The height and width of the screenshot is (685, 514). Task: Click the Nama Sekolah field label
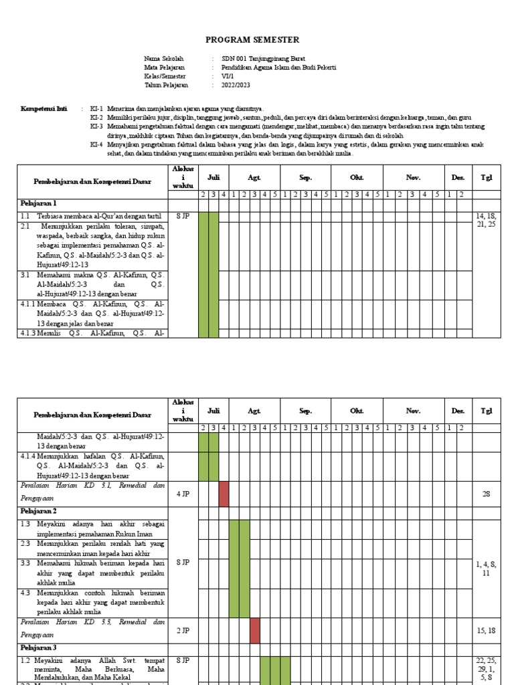tap(163, 59)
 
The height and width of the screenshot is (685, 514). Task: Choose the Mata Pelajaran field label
tap(165, 68)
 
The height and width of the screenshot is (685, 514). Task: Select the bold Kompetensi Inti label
tap(44, 108)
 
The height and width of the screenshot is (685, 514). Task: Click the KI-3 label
tap(97, 126)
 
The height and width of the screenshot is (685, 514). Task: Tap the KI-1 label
tap(97, 108)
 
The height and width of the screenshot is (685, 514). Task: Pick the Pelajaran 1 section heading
tap(37, 203)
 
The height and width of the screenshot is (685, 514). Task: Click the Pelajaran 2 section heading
tap(37, 511)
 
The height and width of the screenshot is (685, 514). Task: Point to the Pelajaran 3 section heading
tap(37, 648)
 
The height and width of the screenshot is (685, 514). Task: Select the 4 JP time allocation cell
tap(183, 494)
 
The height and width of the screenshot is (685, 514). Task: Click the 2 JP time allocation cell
tap(183, 629)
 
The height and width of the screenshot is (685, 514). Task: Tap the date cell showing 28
tap(486, 494)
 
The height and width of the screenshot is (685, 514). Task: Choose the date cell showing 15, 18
tap(486, 629)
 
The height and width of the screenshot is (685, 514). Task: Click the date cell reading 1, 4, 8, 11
tap(486, 569)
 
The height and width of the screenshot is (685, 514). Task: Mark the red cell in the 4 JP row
tap(224, 494)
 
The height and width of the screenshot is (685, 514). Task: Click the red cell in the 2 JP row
tap(255, 629)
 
